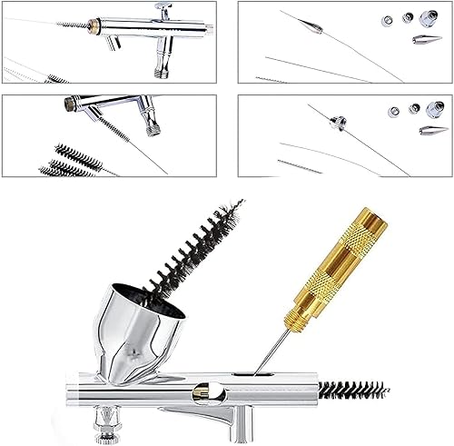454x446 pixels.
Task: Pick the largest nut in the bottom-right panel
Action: [x=434, y=110]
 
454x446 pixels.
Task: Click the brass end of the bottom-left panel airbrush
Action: [x=70, y=104]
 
